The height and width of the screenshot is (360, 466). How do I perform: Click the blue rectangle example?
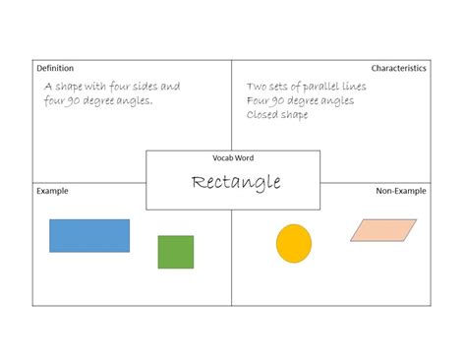(x=89, y=236)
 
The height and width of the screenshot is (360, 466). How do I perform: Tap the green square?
(x=176, y=252)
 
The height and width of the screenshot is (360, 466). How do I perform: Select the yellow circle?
(x=294, y=244)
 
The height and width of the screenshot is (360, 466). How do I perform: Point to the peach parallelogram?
(x=383, y=229)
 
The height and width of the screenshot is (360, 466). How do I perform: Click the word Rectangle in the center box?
(x=236, y=183)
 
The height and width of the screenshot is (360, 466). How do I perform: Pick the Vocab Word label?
(x=233, y=157)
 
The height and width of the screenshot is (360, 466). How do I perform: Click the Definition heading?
(x=55, y=68)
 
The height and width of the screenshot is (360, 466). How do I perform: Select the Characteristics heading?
(x=398, y=68)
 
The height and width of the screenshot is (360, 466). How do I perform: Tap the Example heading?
(x=52, y=191)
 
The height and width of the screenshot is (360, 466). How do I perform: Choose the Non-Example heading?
(x=400, y=191)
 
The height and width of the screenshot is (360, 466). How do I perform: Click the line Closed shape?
(x=277, y=115)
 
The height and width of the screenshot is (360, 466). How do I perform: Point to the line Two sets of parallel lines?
(x=306, y=87)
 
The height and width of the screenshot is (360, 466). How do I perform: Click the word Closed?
(x=262, y=115)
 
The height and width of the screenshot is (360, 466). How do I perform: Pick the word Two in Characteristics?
(x=258, y=87)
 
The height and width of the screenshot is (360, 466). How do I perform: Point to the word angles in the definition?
(x=134, y=101)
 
